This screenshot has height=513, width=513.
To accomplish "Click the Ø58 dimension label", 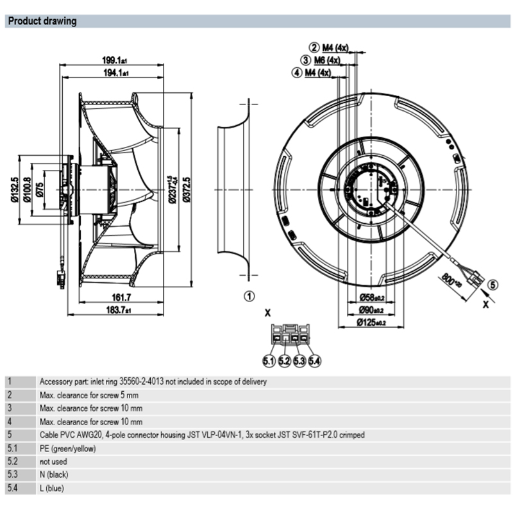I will coord(370,298).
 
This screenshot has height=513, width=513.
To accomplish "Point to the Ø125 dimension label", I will coord(370,323).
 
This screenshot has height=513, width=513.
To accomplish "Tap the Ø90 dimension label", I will coord(370,310).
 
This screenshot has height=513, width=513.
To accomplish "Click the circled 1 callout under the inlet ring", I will coord(249,296).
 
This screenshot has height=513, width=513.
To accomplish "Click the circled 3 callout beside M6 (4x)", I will coord(307,60).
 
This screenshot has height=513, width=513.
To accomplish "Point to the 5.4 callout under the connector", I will coord(314,362).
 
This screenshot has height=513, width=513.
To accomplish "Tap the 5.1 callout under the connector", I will coord(268,362).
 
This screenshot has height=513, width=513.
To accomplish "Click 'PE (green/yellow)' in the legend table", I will coord(67,448).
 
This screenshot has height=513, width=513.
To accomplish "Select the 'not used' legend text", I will coord(54,461).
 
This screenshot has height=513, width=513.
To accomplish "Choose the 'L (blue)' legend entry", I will coord(52,488).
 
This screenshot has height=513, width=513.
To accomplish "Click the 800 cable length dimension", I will coord(451,280).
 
